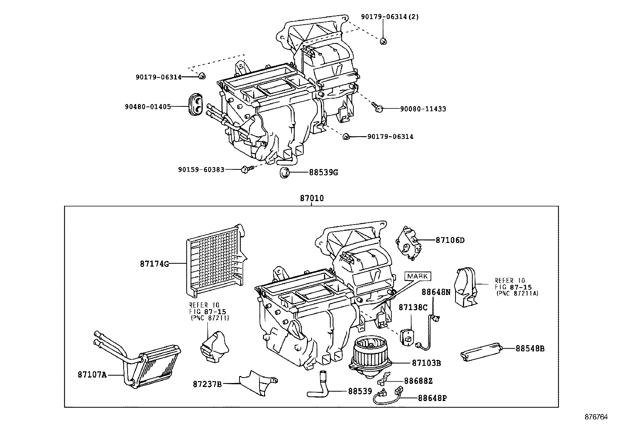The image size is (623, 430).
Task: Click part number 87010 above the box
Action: (x=312, y=198)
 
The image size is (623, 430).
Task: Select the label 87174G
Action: (x=154, y=264)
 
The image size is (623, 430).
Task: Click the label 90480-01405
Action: (x=153, y=106)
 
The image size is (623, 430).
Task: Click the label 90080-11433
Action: (x=423, y=109)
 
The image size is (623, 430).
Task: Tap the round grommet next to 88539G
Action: (x=284, y=172)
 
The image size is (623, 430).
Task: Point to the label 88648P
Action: (x=432, y=398)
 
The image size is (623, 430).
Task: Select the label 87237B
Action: (x=207, y=384)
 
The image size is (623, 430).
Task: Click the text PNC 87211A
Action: (x=517, y=293)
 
